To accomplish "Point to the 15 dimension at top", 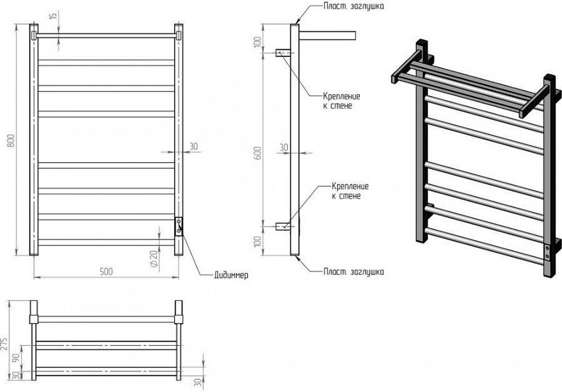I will click(x=54, y=16).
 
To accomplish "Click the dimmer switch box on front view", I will click(x=179, y=226).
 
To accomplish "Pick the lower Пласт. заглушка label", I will click(x=354, y=271).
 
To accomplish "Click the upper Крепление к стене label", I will click(x=342, y=100).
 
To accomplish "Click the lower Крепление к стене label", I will click(x=350, y=191).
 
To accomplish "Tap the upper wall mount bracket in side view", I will click(x=283, y=53).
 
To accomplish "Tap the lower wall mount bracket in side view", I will click(x=283, y=226).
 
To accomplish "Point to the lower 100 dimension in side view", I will click(x=258, y=241).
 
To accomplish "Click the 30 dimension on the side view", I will click(x=283, y=147).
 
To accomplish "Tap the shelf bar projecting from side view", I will click(x=326, y=35).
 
